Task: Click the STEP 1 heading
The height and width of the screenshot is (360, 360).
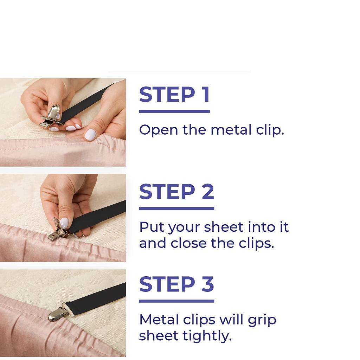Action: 174,94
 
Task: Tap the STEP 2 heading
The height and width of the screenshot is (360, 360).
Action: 176,192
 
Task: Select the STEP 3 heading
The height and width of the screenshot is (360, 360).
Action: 176,284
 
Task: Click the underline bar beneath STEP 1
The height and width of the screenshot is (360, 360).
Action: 174,111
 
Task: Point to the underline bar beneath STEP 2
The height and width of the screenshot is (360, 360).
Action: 176,208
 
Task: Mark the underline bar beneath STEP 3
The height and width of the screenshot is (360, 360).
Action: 176,301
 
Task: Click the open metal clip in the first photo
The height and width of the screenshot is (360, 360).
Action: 51,116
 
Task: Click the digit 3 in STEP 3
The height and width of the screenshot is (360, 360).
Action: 208,284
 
